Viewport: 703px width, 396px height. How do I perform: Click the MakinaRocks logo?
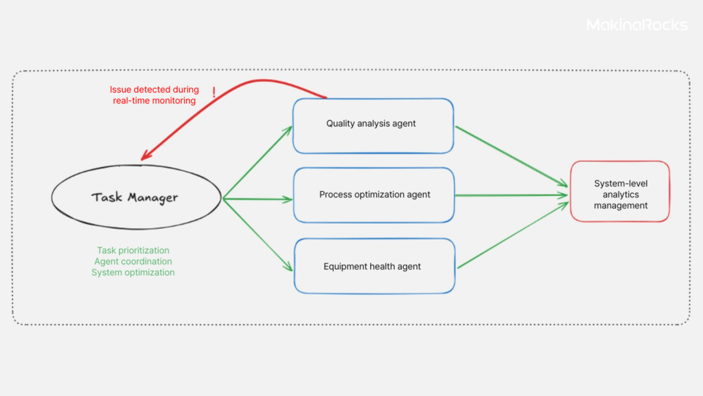[636, 25]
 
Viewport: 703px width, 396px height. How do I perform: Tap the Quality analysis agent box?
[373, 125]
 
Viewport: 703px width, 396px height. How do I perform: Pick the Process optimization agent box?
[374, 195]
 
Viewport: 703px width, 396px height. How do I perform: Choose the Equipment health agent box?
[374, 266]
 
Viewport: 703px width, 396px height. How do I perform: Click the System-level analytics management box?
[620, 192]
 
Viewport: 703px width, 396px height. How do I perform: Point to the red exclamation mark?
[214, 93]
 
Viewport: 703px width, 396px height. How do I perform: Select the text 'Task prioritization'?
[133, 250]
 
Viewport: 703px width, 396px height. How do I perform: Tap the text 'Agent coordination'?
[133, 261]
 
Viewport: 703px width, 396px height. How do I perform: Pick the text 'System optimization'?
[133, 272]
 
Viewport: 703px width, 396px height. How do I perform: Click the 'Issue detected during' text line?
[154, 89]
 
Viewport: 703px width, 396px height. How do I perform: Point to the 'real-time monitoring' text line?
[154, 100]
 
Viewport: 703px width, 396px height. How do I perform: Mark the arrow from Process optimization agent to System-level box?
[511, 195]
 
